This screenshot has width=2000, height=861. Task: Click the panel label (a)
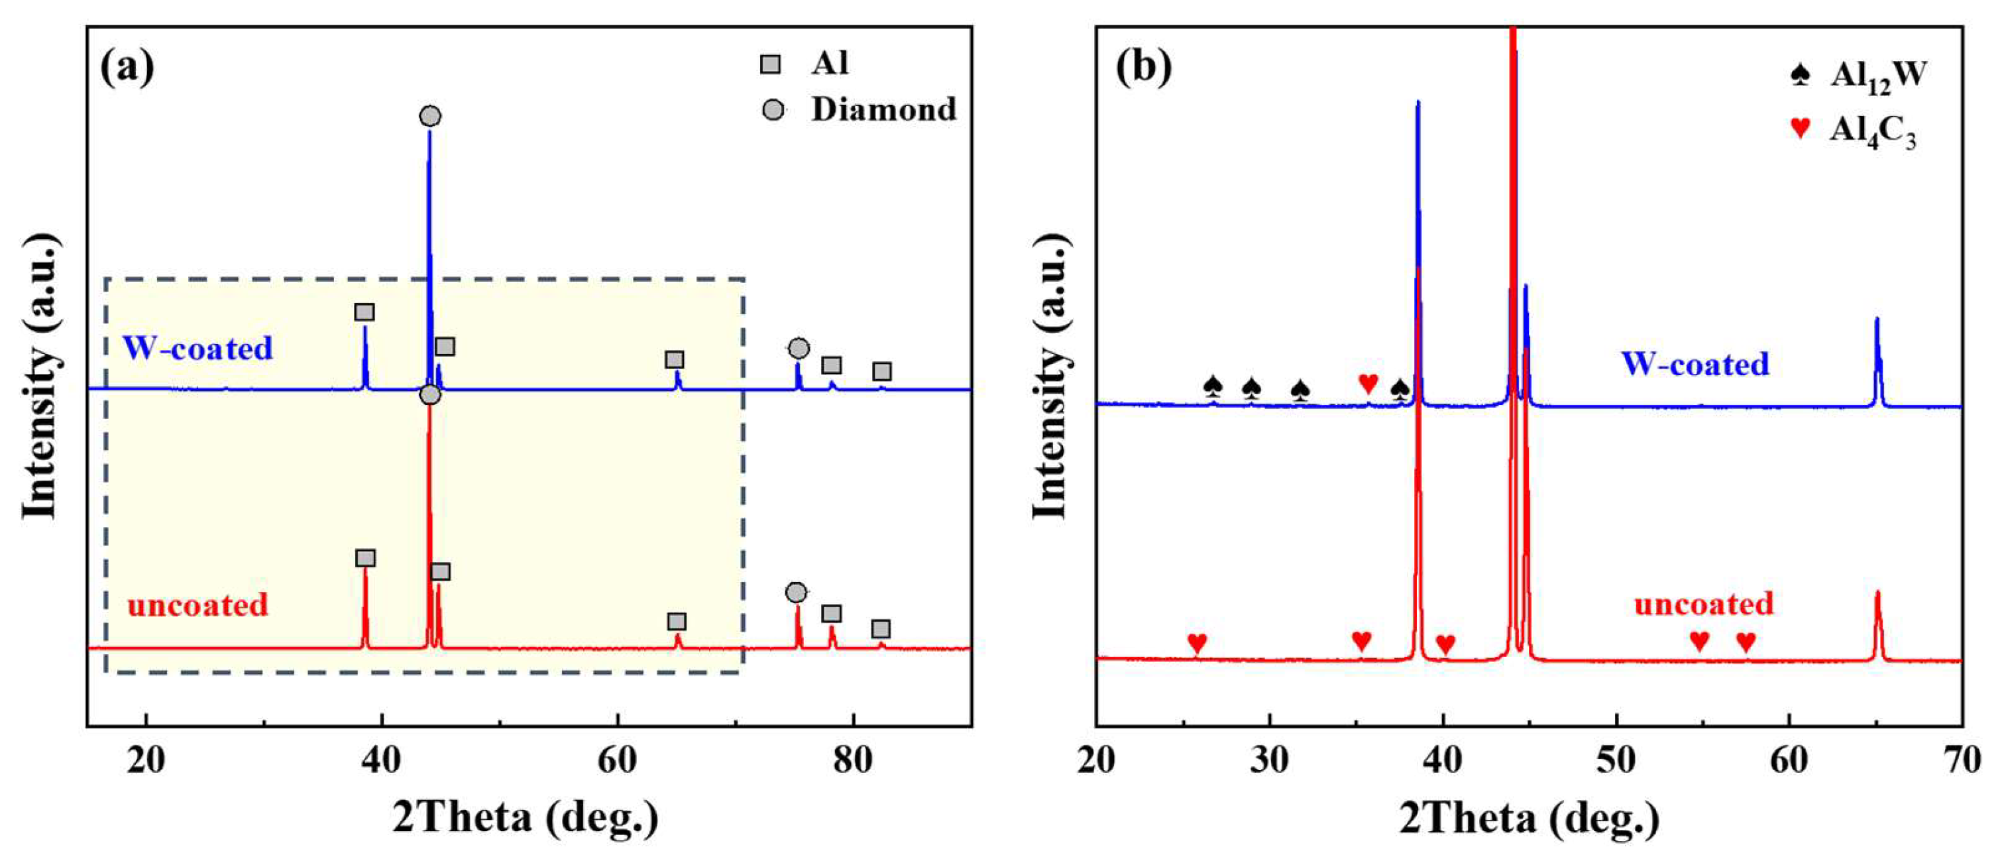pyautogui.click(x=127, y=67)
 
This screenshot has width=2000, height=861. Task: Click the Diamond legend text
pyautogui.click(x=883, y=109)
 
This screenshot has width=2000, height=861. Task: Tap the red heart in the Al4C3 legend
pyautogui.click(x=1800, y=127)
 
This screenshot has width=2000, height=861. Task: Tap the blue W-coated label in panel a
pyautogui.click(x=198, y=348)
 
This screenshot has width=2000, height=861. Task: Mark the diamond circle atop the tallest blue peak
pyautogui.click(x=430, y=117)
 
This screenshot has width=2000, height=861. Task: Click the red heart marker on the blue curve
pyautogui.click(x=1368, y=382)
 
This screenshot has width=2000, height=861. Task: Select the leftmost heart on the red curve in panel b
pyautogui.click(x=1197, y=643)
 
